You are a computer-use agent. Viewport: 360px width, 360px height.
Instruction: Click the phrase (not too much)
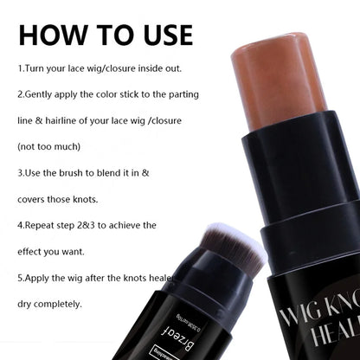[x=48, y=147]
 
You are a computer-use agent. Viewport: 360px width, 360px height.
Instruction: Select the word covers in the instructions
[x=35, y=199]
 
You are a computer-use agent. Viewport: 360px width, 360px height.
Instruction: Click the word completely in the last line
[x=57, y=305]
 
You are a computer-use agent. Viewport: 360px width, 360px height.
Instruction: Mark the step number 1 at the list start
[x=20, y=67]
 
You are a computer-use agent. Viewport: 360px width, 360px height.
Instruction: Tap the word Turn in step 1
[x=36, y=67]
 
